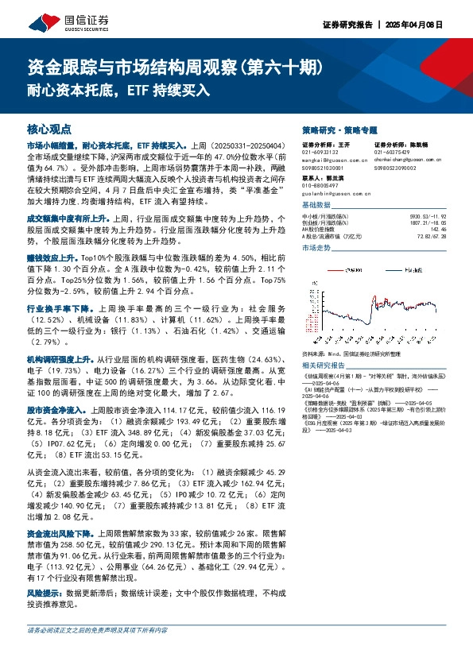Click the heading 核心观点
click(x=49, y=129)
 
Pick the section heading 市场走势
click(x=318, y=249)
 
